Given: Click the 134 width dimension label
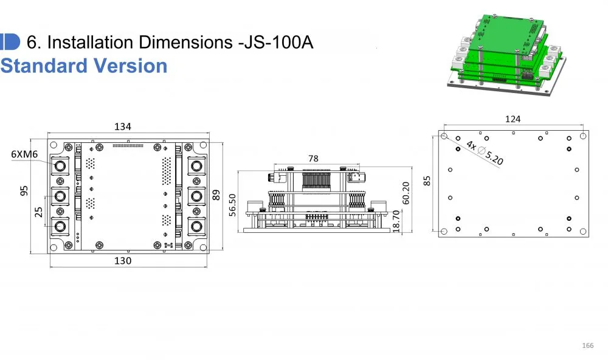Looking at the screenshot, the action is (123, 126).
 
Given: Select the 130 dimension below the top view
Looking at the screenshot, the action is (123, 261).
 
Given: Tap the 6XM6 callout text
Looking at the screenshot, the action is (24, 154).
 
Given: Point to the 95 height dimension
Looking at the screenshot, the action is (24, 191).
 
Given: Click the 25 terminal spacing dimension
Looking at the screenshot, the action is (39, 212).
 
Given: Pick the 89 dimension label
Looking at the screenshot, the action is (216, 195).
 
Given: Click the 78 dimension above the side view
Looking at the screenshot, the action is (313, 158).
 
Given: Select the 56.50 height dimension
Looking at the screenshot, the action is (232, 205).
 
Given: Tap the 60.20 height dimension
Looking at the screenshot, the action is (406, 193).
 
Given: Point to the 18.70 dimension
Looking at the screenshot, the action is (396, 221).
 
